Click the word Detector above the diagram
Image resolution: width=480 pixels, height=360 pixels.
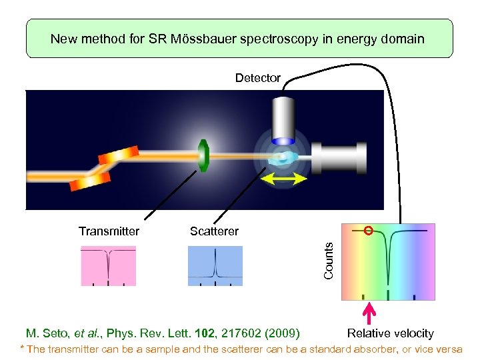tap(257, 78)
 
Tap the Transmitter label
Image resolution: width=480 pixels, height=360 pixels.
tap(109, 231)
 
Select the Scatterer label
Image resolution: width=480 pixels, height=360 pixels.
tap(214, 231)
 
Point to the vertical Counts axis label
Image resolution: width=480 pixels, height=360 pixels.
tap(329, 261)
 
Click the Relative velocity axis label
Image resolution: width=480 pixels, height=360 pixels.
tap(390, 333)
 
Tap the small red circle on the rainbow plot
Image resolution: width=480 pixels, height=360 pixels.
tap(368, 231)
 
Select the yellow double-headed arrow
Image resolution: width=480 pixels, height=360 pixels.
tap(283, 179)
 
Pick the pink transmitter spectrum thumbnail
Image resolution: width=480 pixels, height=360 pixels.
tap(108, 265)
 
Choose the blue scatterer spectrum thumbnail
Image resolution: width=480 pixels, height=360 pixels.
tap(215, 265)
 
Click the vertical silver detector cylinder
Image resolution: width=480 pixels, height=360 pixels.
tap(283, 120)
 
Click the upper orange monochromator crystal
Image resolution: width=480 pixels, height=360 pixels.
tap(119, 155)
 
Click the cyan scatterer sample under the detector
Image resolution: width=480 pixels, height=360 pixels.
tap(282, 159)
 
